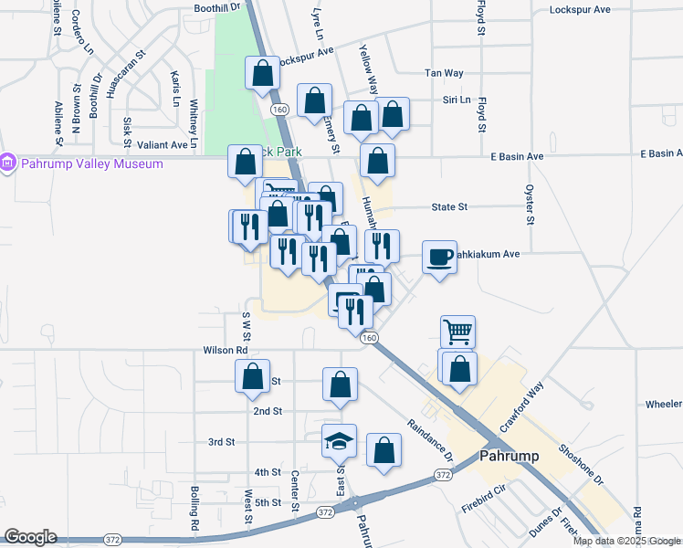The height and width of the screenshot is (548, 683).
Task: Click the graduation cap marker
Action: point(339,441)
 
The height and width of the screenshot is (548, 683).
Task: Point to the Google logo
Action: point(30,537)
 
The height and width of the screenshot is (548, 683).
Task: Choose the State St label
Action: point(449,207)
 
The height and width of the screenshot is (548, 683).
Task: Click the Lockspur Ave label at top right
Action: point(580,10)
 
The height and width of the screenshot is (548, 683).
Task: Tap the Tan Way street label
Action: point(444,73)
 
